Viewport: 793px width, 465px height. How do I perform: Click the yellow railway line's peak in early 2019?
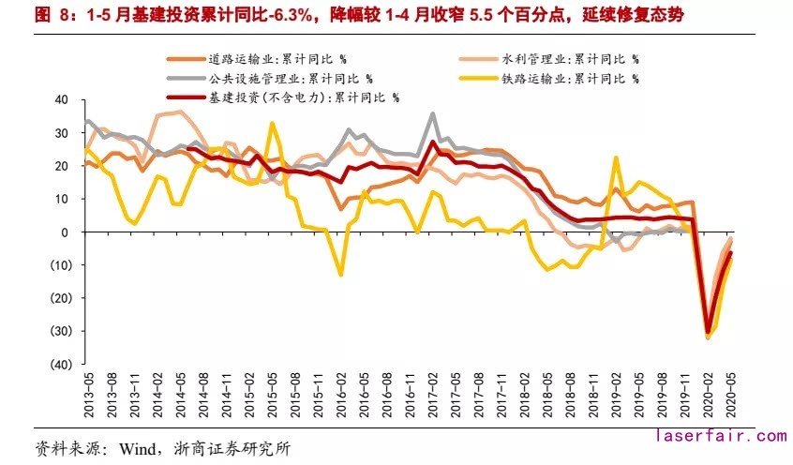click(616, 157)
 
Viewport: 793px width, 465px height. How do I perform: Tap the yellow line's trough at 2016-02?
click(340, 274)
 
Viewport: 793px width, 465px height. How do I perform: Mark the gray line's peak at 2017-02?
click(432, 114)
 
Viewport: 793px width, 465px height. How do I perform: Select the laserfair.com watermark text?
click(720, 436)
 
